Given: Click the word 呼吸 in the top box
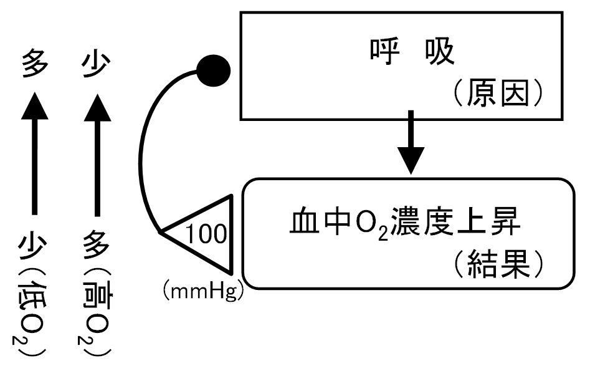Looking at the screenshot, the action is [412, 52].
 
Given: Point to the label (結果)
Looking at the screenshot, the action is [498, 264].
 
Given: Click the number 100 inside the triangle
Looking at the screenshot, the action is [206, 234].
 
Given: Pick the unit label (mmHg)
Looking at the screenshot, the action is [204, 292].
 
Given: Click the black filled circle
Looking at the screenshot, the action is [214, 71].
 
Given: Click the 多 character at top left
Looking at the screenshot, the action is [35, 64].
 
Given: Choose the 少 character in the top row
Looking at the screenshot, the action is [97, 64].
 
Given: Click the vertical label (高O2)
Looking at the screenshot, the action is [95, 312].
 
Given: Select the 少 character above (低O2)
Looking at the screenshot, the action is [32, 246].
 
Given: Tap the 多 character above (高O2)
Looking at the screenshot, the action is [97, 245].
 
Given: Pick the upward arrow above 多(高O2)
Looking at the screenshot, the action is [97, 155].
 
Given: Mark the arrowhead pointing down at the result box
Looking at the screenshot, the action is [411, 161].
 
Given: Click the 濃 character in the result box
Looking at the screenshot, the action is [405, 221].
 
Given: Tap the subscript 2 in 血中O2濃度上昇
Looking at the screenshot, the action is [383, 234].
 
